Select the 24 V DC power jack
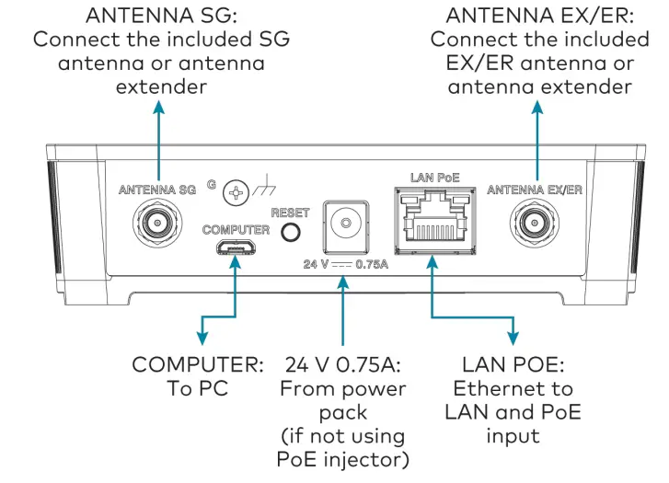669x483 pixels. click(342, 224)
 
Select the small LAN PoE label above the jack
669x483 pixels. click(431, 175)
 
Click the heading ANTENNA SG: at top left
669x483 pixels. click(160, 16)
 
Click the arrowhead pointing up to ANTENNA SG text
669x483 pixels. click(160, 107)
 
